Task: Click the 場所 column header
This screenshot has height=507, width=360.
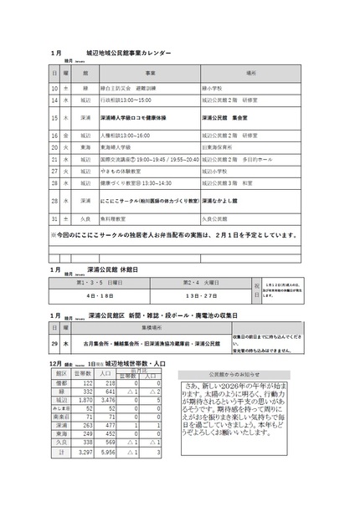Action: (x=252, y=74)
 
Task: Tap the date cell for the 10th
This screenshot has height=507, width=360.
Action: (x=54, y=87)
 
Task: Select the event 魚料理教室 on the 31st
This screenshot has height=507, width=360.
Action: (x=117, y=218)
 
